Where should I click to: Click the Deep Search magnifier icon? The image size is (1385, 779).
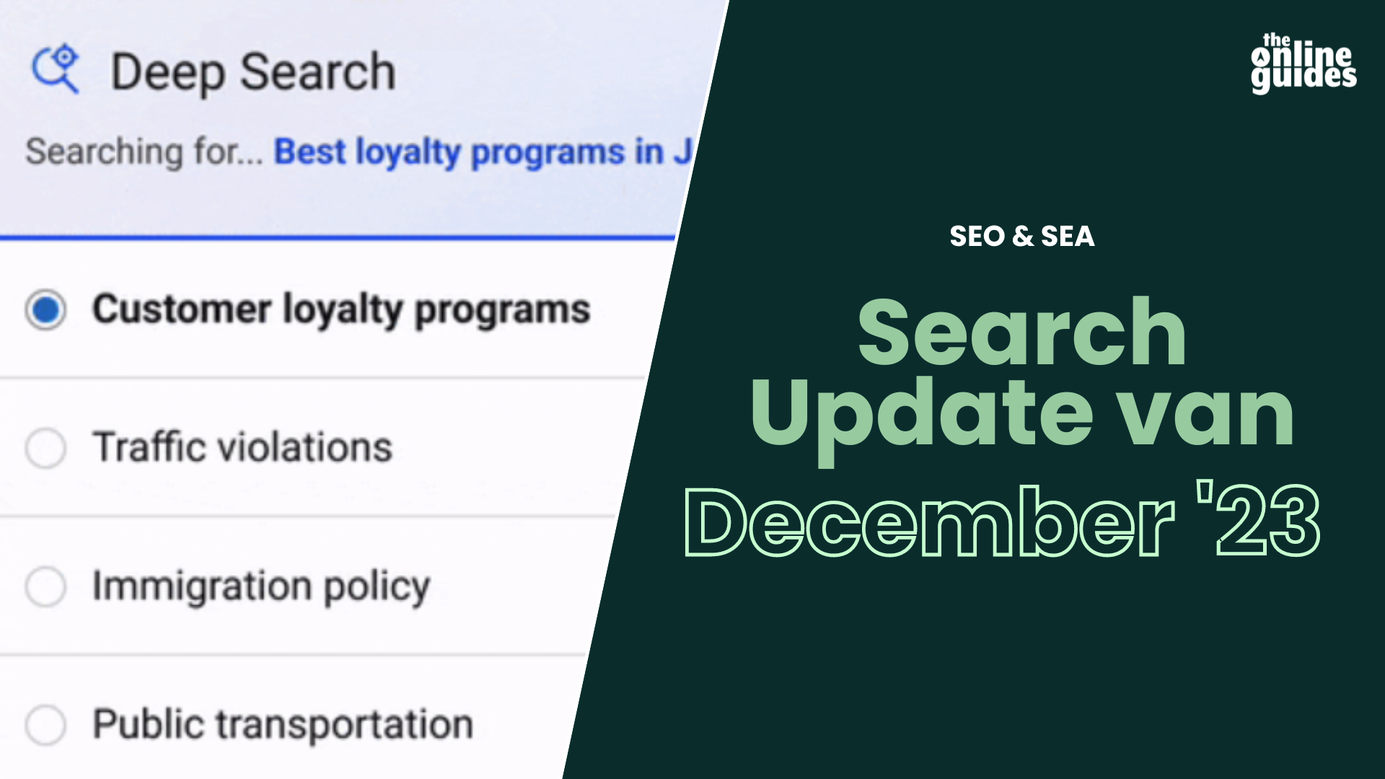[x=55, y=69]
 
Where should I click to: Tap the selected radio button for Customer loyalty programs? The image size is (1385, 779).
[x=45, y=310]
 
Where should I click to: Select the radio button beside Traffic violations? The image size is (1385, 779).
[x=45, y=448]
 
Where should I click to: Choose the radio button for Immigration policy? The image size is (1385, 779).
[x=45, y=586]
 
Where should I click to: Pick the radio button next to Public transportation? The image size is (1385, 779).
[x=45, y=724]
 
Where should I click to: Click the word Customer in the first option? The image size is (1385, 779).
[x=182, y=309]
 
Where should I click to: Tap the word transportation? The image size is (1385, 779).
[x=345, y=724]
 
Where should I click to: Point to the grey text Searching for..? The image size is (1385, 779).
[x=144, y=151]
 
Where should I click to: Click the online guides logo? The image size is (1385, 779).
[x=1303, y=63]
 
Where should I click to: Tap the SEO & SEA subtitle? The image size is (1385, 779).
[x=1022, y=237]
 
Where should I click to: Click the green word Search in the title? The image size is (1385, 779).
[x=1022, y=333]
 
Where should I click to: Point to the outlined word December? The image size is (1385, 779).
[x=929, y=521]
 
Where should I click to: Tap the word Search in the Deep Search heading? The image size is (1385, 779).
[x=318, y=72]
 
